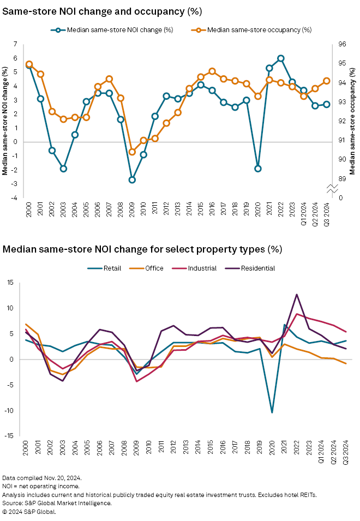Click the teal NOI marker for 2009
click(x=132, y=179)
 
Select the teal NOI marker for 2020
click(x=258, y=169)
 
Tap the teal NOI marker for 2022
click(x=280, y=58)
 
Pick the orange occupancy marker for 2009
click(x=132, y=152)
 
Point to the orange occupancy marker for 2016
click(x=212, y=71)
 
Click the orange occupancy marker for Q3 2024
click(x=327, y=81)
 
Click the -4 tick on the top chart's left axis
click(x=15, y=197)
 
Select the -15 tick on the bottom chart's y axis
click(x=10, y=436)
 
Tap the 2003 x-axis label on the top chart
click(x=63, y=211)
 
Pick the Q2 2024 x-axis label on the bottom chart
click(x=334, y=451)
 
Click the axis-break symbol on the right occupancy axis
click(x=333, y=188)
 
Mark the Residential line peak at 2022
click(x=296, y=295)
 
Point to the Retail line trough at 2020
click(x=272, y=412)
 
